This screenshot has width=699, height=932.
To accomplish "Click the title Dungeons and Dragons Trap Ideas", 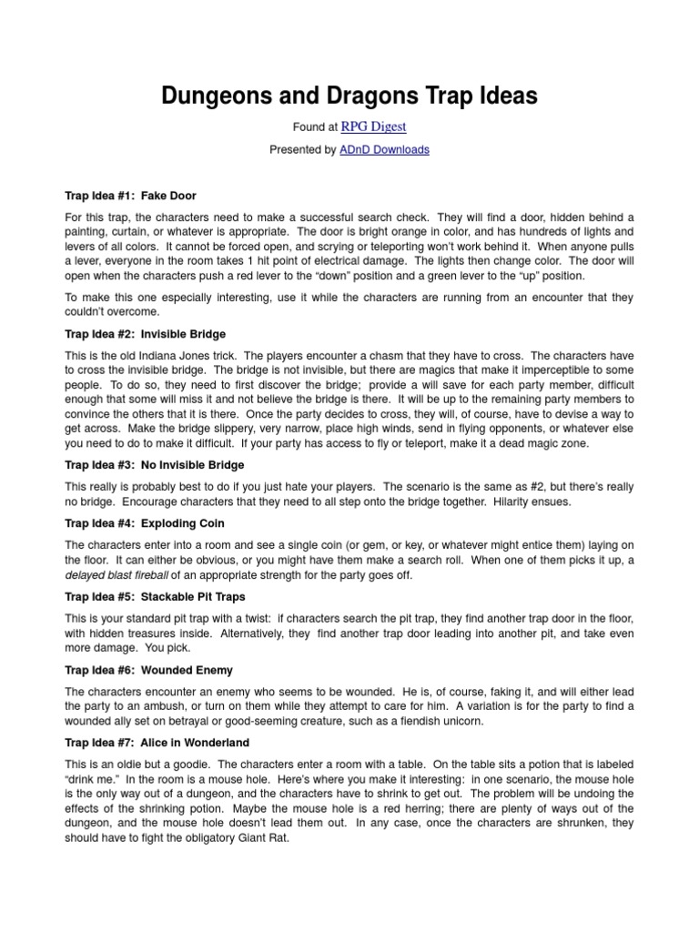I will tap(349, 96).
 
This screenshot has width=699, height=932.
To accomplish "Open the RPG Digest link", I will tap(373, 127).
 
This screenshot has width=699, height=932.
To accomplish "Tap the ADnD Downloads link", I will tap(384, 150).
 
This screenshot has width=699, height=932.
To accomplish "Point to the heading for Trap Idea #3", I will tap(155, 465).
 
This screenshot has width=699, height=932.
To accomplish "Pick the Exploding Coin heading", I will tap(145, 523).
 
